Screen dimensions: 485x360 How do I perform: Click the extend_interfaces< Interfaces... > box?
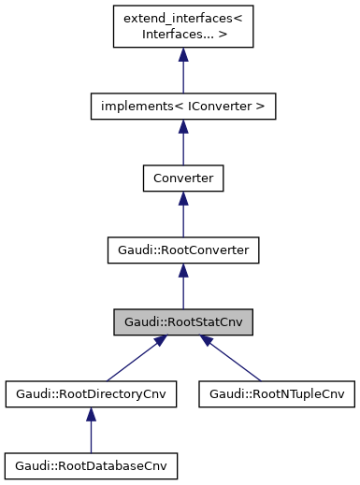click(x=182, y=27)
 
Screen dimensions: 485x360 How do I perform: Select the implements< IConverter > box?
click(x=182, y=107)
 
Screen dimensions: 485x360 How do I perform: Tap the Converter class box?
click(x=182, y=178)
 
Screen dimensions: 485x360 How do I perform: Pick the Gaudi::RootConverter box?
click(x=182, y=250)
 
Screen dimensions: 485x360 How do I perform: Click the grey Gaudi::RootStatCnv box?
click(x=182, y=322)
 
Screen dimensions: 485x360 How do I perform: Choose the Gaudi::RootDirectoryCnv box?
click(x=91, y=394)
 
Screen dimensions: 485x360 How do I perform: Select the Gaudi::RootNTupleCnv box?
click(x=276, y=394)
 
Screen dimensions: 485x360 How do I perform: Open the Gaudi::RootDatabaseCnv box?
click(x=91, y=464)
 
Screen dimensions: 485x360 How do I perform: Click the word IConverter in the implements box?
click(x=222, y=107)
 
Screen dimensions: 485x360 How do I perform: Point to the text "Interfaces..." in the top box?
click(x=176, y=35)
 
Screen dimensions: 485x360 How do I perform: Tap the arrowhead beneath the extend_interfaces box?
click(x=182, y=56)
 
